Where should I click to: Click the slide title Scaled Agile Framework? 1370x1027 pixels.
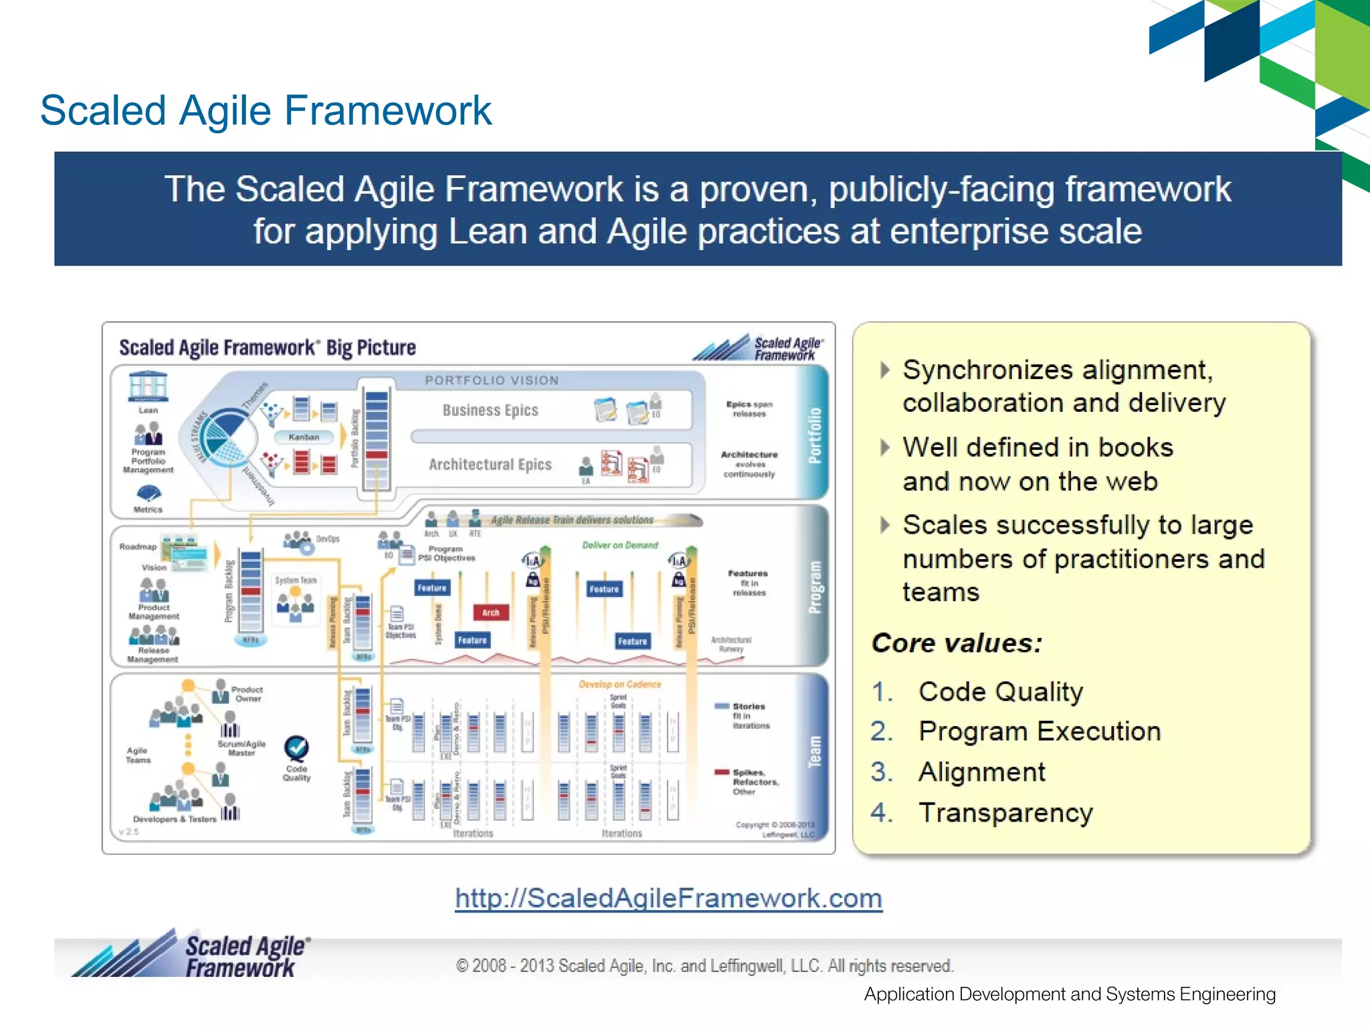tap(266, 110)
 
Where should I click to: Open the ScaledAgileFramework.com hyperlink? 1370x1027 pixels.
tap(668, 898)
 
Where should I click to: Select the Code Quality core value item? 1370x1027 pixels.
tap(1000, 691)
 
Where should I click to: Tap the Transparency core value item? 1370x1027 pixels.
tap(1005, 812)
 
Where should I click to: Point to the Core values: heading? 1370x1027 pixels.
tap(957, 643)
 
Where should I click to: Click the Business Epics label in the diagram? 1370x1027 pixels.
tap(490, 410)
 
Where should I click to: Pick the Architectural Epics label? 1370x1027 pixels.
tap(490, 464)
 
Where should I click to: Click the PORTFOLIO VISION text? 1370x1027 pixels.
tap(492, 380)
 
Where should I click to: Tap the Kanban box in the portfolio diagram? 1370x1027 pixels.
tap(304, 437)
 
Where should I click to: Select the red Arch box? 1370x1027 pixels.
tap(490, 612)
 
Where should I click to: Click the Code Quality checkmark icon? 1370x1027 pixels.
tap(296, 748)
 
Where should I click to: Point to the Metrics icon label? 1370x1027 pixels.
tap(148, 509)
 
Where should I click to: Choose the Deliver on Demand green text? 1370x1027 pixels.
tap(619, 545)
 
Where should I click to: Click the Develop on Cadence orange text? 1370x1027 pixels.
tap(619, 684)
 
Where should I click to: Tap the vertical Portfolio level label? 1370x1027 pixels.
tap(814, 435)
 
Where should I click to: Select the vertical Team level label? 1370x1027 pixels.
tap(814, 752)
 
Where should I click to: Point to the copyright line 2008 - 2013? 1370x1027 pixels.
tap(704, 965)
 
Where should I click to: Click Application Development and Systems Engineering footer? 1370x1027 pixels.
tap(1069, 994)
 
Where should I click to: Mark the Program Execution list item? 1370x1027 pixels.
tap(1039, 731)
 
